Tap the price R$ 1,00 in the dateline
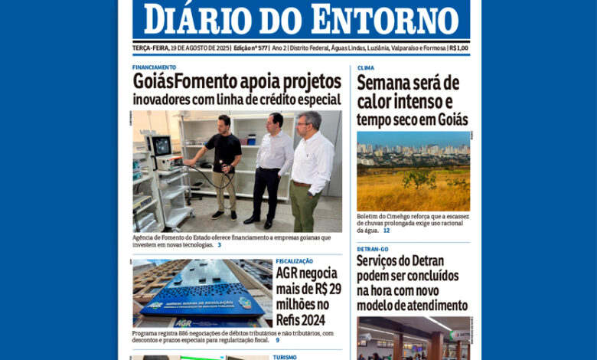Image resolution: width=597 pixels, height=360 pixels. pos(459,47)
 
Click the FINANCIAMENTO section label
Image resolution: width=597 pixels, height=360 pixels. pos(154,67)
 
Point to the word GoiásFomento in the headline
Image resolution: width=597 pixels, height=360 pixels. pos(185,82)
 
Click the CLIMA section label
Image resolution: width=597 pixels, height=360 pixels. pos(365,67)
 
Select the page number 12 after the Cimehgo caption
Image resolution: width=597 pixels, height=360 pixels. pos(387,230)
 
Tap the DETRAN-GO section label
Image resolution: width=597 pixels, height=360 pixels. pos(373,249)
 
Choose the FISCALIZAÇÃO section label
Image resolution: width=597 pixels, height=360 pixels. pos(295,261)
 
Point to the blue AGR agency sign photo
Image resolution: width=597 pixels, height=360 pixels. pos(201,293)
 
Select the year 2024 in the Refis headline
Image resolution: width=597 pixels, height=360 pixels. pos(315,320)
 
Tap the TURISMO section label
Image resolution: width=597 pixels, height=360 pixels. pos(285,357)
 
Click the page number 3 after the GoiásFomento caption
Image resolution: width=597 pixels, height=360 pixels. pos(219,245)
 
